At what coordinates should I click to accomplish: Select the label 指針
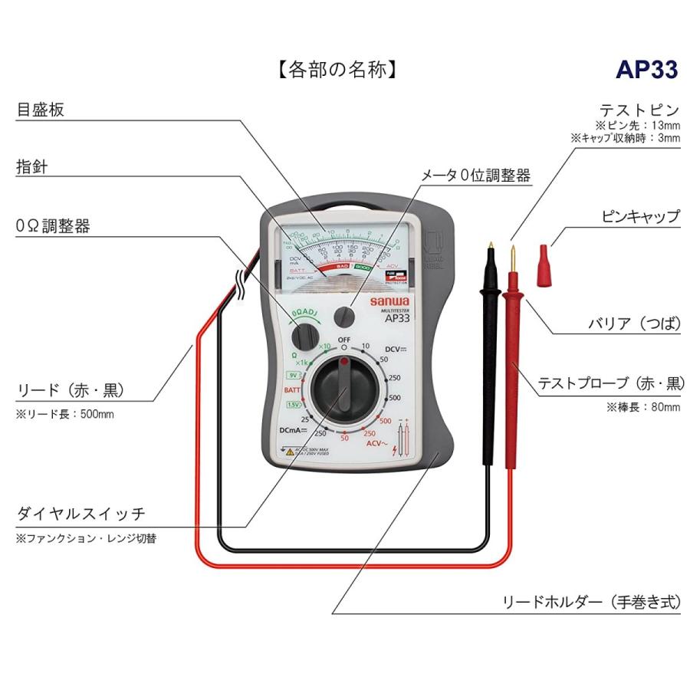(32, 167)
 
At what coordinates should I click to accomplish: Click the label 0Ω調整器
(53, 226)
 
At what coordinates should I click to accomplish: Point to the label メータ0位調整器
(476, 175)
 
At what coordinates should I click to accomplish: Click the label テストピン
(639, 110)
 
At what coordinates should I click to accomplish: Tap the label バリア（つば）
(629, 323)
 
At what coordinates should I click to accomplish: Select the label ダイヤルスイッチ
(80, 514)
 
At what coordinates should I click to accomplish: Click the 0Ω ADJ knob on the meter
(306, 335)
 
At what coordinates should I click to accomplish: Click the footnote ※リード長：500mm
(64, 415)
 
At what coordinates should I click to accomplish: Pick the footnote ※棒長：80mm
(643, 407)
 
